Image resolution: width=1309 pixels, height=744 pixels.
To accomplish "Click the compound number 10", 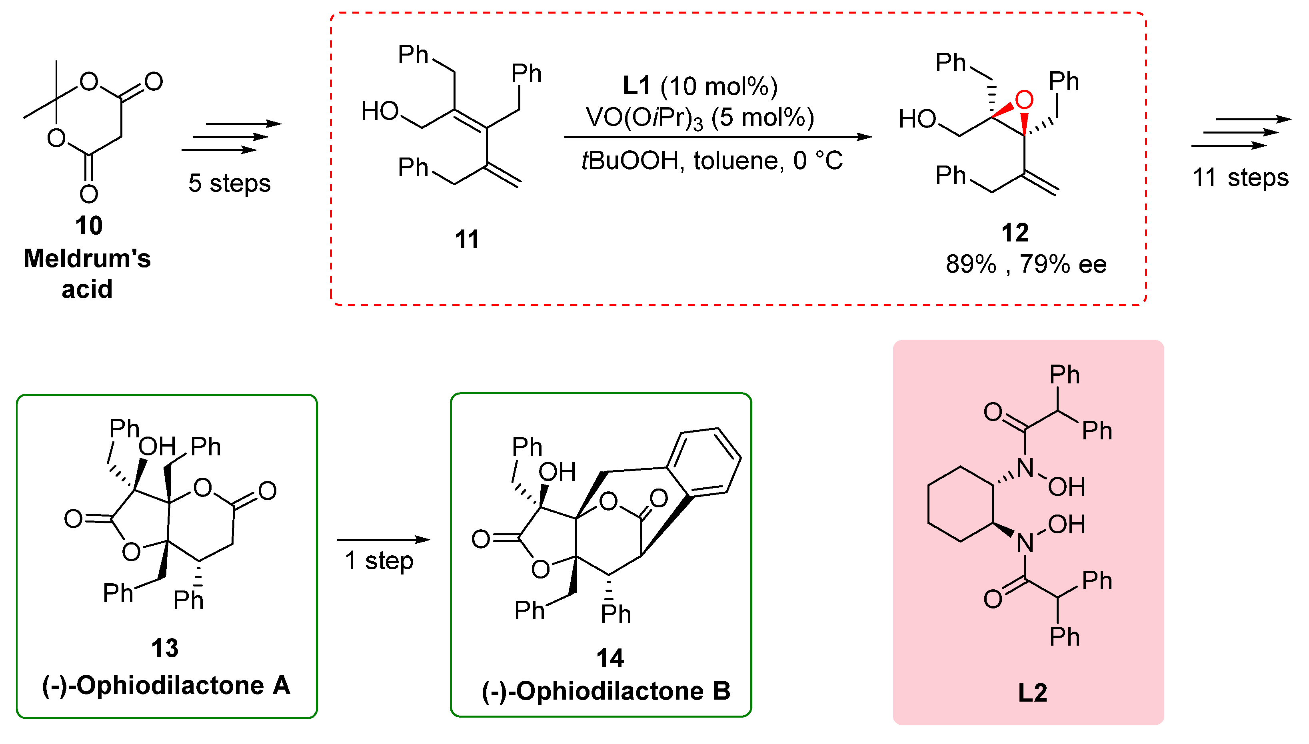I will pos(88,225).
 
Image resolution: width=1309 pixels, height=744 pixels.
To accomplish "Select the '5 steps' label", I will pos(229,183).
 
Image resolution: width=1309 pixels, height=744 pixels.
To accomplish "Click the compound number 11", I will pos(467,239).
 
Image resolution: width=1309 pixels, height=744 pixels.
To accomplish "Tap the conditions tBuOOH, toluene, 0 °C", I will pos(711,161).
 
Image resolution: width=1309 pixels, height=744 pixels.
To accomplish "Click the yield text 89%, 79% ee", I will pos(1025,264).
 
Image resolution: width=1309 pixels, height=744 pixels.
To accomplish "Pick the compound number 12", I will pos(1015,233).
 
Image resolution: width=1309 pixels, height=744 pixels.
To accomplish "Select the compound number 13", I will pos(165,648).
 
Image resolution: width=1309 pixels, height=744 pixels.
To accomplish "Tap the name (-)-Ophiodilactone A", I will pos(166,685).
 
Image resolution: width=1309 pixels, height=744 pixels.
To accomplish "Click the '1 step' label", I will pos(379,560).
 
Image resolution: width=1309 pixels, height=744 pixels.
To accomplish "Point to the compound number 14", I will pos(610,658).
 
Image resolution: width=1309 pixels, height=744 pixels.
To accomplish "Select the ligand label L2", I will pos(1032,692).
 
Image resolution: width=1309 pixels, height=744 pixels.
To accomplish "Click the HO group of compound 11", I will pos(380,111).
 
